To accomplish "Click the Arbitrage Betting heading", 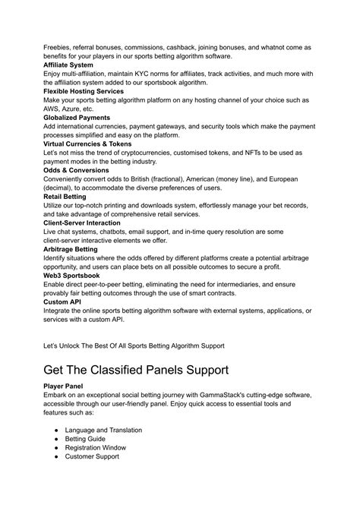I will (x=71, y=248).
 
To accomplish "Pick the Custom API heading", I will (x=63, y=301).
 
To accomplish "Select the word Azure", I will (x=80, y=109).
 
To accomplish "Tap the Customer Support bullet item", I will (x=93, y=457).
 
